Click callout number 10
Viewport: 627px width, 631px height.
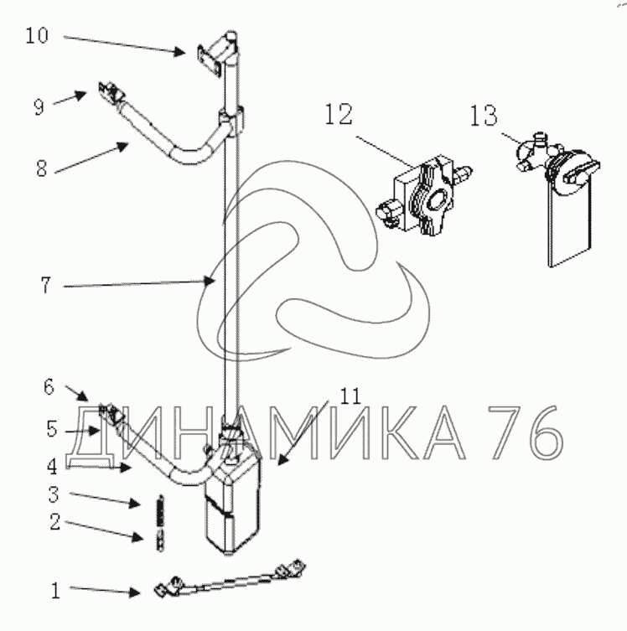pos(37,35)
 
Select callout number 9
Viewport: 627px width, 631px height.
pos(39,107)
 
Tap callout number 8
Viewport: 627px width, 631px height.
pos(41,168)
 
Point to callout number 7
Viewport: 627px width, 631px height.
pos(46,286)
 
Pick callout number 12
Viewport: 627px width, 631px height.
pos(339,114)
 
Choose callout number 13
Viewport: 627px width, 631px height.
pos(484,116)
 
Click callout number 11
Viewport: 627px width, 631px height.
pos(351,396)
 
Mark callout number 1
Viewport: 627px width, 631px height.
pos(55,591)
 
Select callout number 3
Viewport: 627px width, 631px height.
pos(54,495)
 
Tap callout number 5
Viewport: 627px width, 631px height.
pos(52,429)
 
